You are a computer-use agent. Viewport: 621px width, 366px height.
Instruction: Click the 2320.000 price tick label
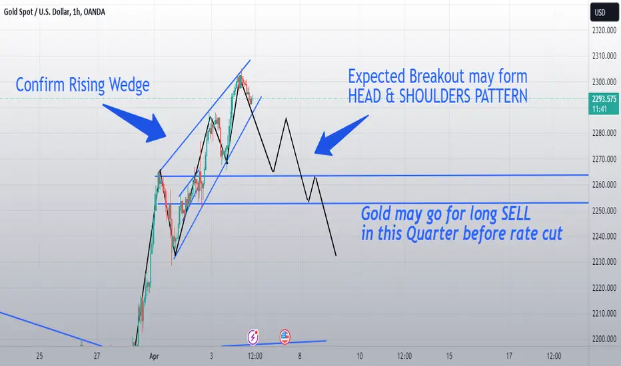tap(604, 30)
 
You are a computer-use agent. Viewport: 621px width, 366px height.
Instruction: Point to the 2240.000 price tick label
tap(604, 236)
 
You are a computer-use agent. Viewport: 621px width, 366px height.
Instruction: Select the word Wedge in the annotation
tap(129, 85)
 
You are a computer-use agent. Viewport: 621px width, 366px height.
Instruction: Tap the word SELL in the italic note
tap(516, 214)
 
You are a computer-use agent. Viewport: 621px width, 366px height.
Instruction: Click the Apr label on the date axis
tap(154, 356)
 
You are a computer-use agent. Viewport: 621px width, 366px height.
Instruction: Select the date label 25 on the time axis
tap(39, 356)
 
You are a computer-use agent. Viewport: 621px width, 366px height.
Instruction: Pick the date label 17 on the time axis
tap(509, 356)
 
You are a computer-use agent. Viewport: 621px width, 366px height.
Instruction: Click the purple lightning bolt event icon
tap(253, 337)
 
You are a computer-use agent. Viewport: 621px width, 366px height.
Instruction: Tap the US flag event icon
tap(285, 337)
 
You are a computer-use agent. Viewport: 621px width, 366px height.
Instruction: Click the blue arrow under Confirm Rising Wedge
tap(135, 123)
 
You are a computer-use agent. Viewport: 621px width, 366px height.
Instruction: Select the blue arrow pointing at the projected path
tap(341, 135)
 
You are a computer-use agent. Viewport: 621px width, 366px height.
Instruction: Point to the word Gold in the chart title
tap(10, 12)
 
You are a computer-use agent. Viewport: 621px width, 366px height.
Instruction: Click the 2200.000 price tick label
tap(604, 339)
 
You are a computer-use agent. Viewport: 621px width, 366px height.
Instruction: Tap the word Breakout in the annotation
tap(436, 77)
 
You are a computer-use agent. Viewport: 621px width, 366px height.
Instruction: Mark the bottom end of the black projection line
tap(336, 256)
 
